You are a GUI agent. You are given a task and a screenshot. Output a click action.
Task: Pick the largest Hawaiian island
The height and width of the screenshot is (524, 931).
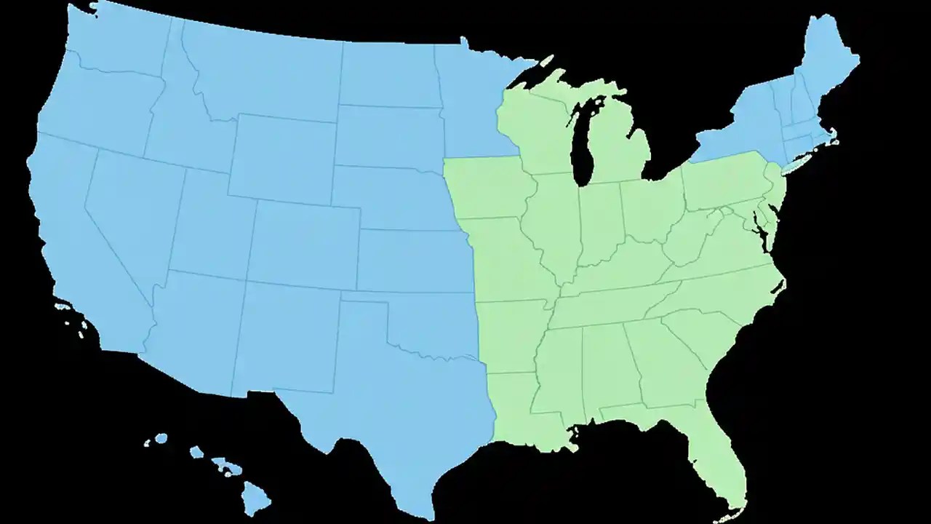(x=256, y=499)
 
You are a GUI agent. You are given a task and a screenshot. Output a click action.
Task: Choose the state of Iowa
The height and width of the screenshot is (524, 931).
(x=487, y=189)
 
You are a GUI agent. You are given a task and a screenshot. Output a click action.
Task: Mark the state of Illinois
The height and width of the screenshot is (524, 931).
(x=556, y=226)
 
